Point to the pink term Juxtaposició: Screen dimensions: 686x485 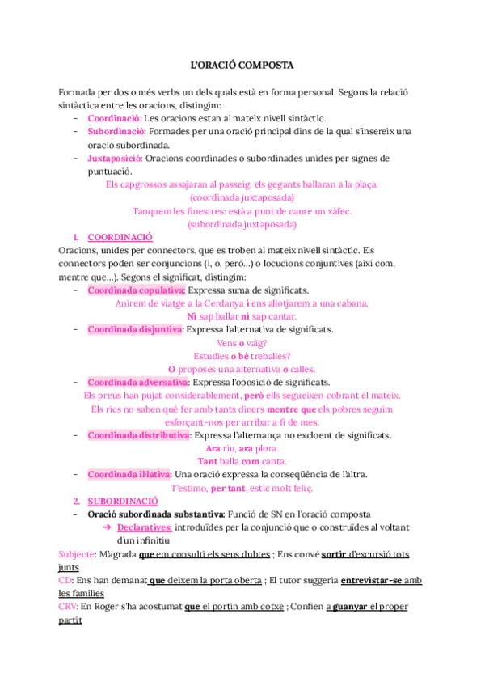pos(116,158)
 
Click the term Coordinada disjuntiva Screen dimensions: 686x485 pos(135,329)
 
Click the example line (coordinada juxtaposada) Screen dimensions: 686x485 pos(242,197)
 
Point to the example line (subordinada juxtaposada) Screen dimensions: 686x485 pos(242,223)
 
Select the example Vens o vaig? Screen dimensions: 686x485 pos(242,342)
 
